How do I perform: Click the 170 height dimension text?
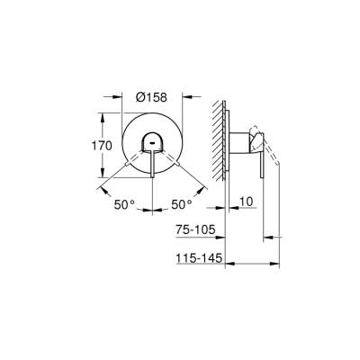(102, 146)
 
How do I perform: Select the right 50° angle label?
(182, 205)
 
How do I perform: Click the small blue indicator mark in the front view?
(151, 144)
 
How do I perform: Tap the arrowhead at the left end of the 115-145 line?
(225, 264)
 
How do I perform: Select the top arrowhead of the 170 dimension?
(117, 114)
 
